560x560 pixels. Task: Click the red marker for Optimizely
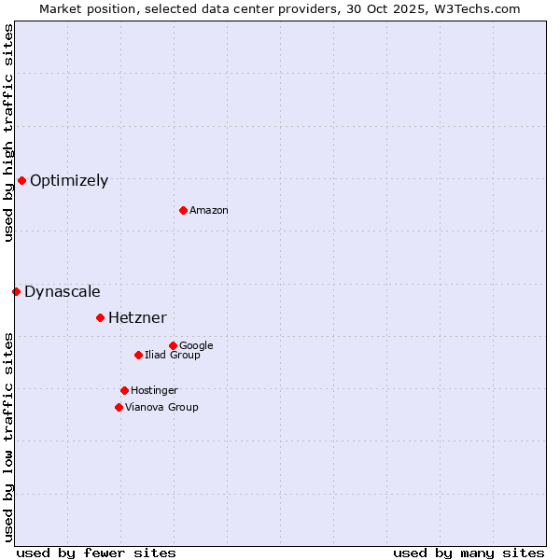coord(21,180)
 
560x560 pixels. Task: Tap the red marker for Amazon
coord(183,210)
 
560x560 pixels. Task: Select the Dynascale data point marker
coord(16,291)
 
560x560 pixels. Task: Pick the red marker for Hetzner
coord(100,317)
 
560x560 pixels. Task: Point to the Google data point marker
coord(173,345)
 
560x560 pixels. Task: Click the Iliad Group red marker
coord(138,355)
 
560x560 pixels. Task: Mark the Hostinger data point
coord(124,390)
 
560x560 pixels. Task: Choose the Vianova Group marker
coord(119,407)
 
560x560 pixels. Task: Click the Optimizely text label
coord(69,181)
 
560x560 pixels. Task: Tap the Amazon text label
coord(209,211)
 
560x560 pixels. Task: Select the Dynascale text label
coord(63,292)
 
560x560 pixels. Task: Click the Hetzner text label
coord(137,318)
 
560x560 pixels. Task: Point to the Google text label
coord(196,346)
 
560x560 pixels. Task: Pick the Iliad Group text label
coord(173,356)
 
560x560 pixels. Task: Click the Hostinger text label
coord(154,391)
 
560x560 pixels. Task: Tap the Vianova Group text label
coord(161,408)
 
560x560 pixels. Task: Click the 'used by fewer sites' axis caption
coord(96,553)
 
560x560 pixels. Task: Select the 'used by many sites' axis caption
coord(469,553)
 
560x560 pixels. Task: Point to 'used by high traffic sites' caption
coord(8,133)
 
